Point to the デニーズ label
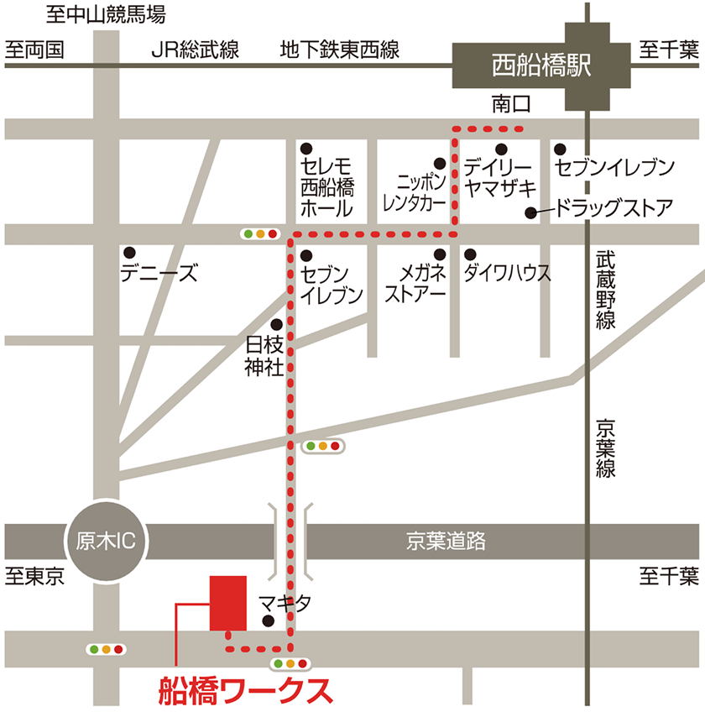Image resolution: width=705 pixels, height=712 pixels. click(159, 273)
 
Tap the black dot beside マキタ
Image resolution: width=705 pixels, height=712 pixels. click(268, 621)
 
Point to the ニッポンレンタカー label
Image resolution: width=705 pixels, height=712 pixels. click(414, 192)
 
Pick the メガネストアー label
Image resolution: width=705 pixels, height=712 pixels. click(415, 284)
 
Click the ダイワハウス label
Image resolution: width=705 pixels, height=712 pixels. click(507, 273)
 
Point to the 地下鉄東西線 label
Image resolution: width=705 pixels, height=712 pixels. click(339, 50)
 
